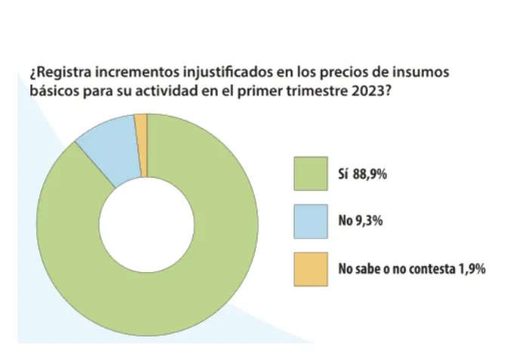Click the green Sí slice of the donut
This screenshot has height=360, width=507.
[x=189, y=287]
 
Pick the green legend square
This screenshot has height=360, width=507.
[x=311, y=173]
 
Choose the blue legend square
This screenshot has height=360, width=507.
[x=311, y=222]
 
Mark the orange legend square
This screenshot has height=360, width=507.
[x=311, y=269]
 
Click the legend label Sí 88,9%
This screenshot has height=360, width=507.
[x=366, y=173]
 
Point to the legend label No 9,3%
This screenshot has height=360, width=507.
[x=362, y=222]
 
